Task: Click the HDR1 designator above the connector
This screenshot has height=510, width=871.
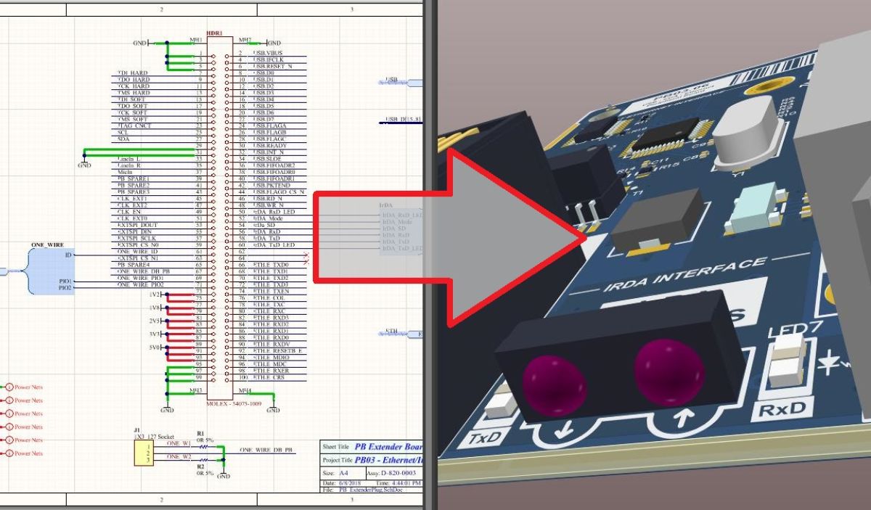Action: [x=215, y=33]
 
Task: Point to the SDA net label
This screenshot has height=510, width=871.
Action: [x=123, y=139]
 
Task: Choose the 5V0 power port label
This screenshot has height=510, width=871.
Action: [x=155, y=347]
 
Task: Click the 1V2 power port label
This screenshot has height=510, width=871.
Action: [x=155, y=295]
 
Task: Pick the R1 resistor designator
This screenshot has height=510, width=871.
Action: [x=200, y=433]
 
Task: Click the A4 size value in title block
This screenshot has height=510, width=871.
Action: [x=343, y=473]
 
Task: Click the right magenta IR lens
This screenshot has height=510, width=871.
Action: [x=668, y=371]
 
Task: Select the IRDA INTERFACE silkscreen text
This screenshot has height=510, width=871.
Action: [x=684, y=274]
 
